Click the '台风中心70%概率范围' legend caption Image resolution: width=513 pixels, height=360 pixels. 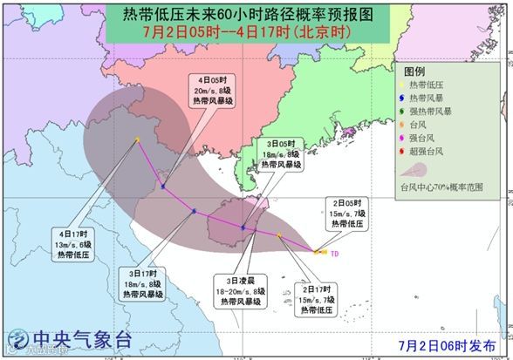pos(440,187)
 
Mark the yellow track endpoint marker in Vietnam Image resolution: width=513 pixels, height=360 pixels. pos(138,139)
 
